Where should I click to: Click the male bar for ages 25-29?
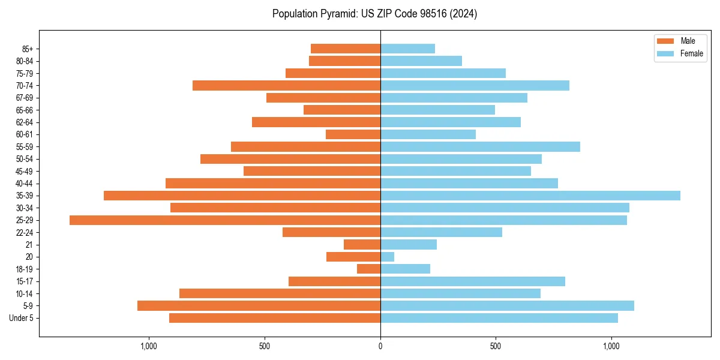(x=225, y=220)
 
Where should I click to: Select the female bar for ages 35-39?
(x=530, y=196)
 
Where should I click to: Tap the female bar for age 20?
(x=388, y=257)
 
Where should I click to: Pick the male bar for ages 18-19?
(x=369, y=269)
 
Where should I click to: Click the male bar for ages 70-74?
(x=287, y=85)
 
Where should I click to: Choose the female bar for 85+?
(x=408, y=49)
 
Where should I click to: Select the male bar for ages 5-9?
(x=259, y=306)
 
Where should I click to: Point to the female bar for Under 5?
(x=499, y=318)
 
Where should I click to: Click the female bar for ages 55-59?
(x=480, y=146)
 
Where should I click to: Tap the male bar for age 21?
(x=362, y=245)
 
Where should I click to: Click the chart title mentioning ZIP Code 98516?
(x=374, y=14)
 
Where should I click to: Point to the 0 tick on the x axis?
(x=380, y=347)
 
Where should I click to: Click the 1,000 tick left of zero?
(x=149, y=347)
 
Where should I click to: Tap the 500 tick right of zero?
(x=496, y=347)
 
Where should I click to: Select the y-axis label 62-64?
(x=25, y=122)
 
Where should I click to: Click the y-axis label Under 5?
(x=22, y=318)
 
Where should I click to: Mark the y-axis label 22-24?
(x=25, y=232)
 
